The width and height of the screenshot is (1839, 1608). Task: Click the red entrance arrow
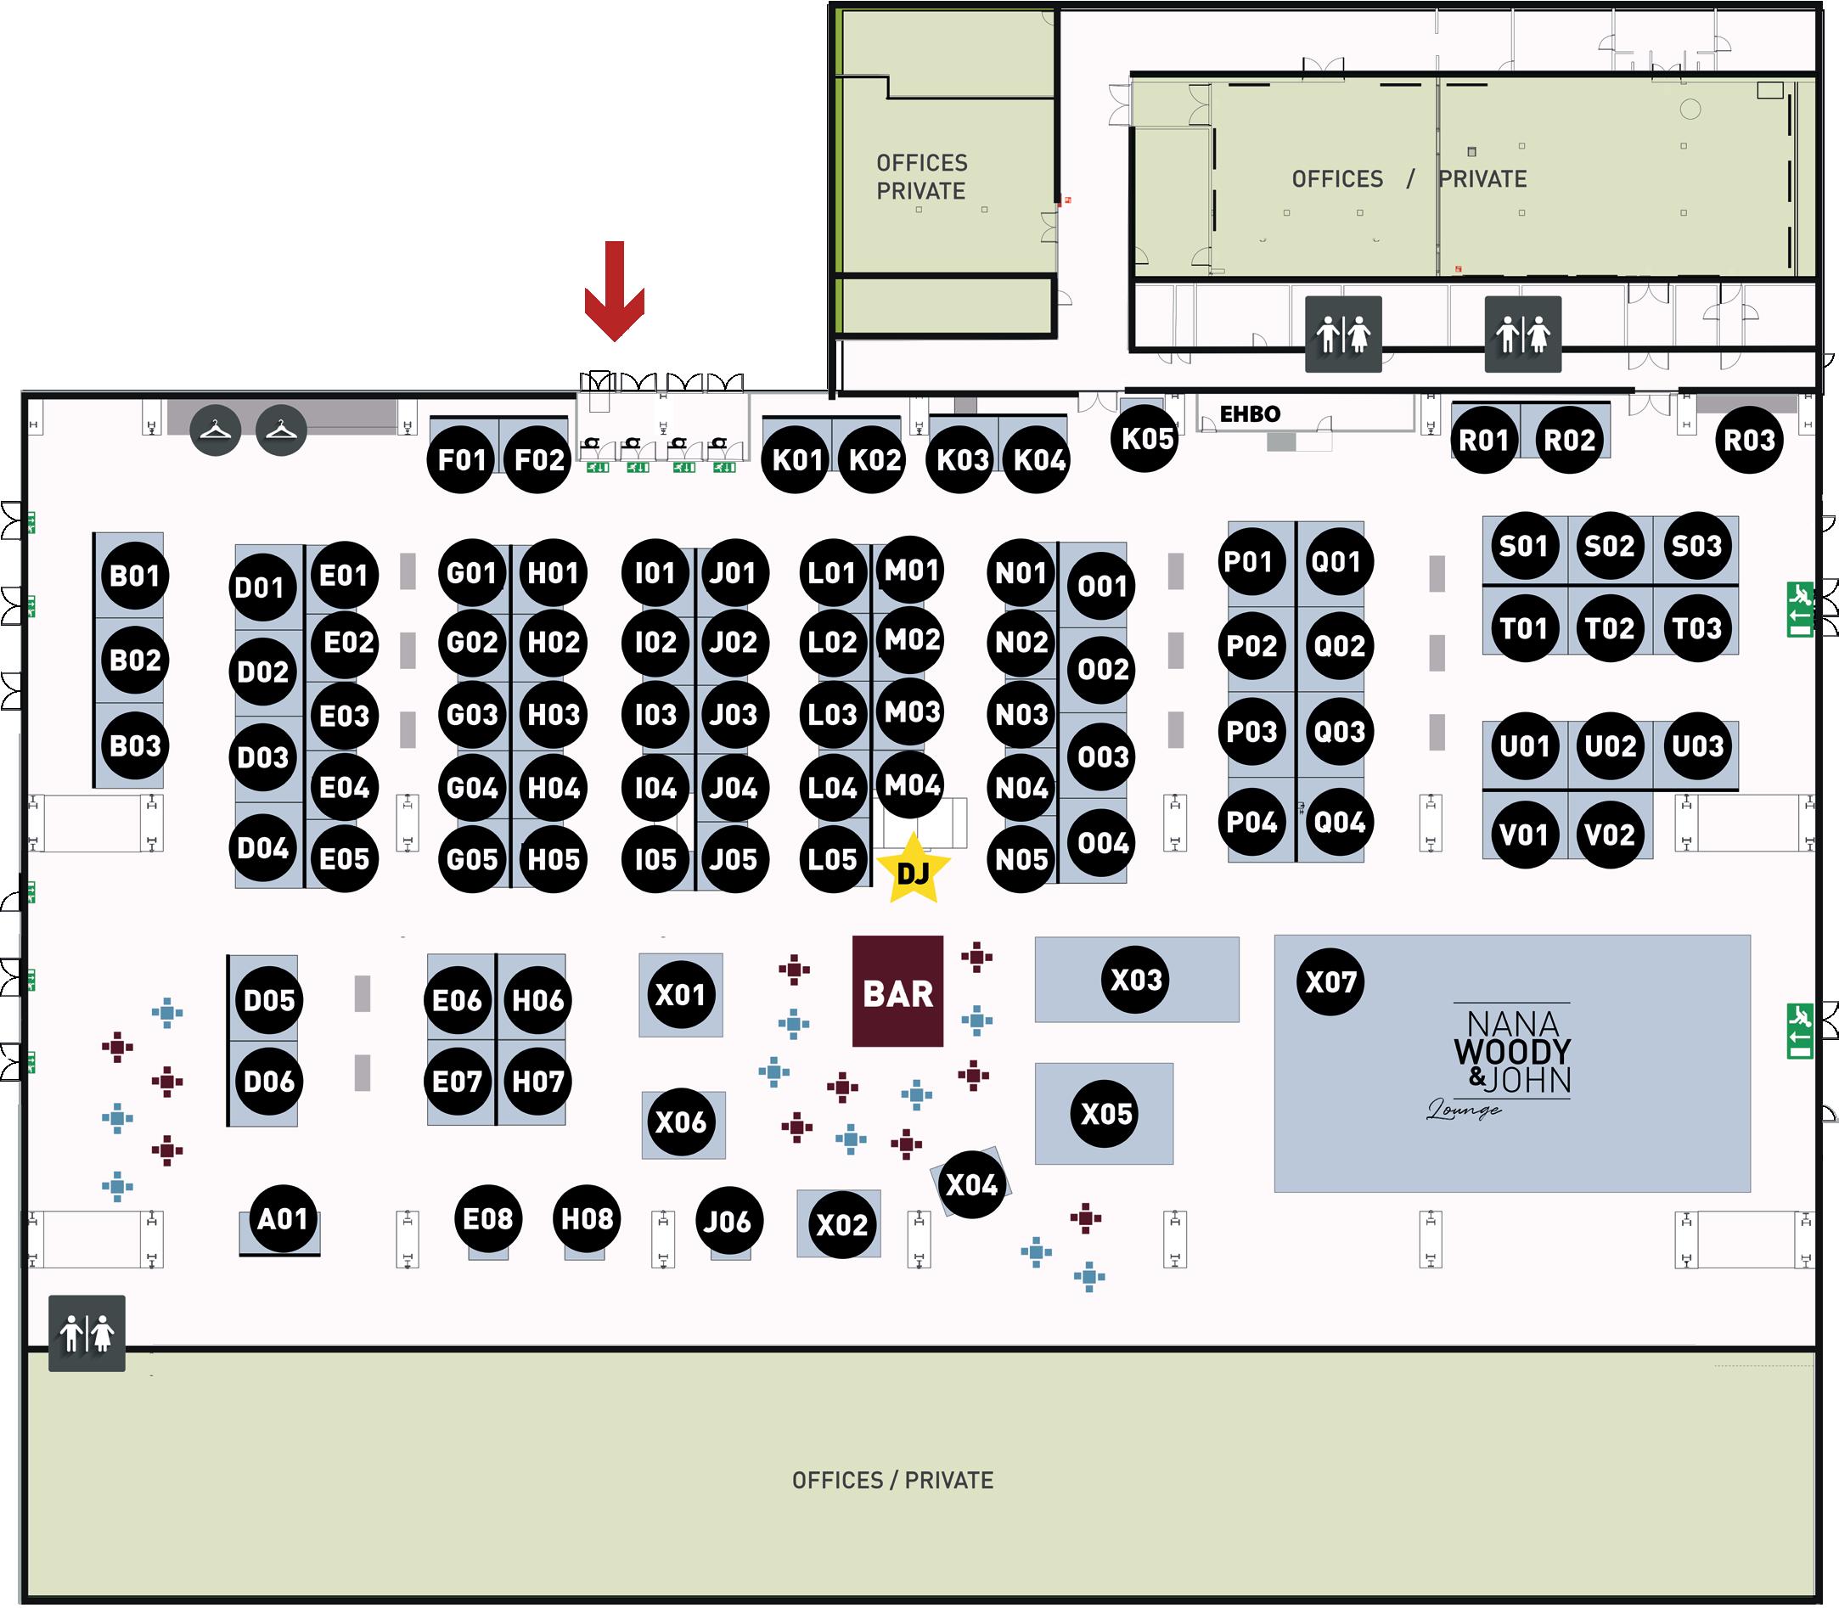[614, 291]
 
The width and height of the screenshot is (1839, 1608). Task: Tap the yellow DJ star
[913, 869]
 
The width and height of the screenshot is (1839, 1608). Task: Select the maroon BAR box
[897, 992]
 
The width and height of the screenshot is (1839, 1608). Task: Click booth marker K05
[1147, 439]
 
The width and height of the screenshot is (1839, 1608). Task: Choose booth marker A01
[283, 1218]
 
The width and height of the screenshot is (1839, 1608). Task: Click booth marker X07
[1330, 981]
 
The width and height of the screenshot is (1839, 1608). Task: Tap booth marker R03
[1749, 440]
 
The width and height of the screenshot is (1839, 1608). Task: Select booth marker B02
[135, 661]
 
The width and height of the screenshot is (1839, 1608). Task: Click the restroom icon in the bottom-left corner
[87, 1333]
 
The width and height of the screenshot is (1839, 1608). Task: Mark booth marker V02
[1609, 835]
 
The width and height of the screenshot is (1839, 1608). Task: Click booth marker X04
[972, 1184]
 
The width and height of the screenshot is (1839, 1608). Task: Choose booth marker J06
[727, 1221]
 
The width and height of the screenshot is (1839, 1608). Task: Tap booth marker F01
[461, 459]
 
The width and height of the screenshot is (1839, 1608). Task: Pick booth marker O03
[1103, 756]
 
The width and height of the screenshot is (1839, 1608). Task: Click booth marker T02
[1609, 628]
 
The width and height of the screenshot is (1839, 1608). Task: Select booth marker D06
[269, 1082]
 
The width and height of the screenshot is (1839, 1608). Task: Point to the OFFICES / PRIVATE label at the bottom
[892, 1480]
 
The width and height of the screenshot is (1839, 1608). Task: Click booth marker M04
[912, 785]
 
